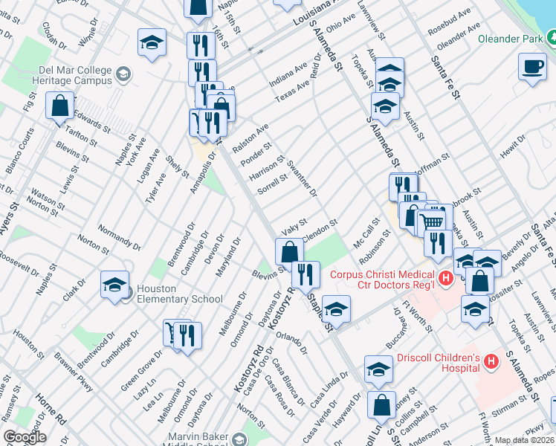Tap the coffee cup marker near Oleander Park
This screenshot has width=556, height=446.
(531, 67)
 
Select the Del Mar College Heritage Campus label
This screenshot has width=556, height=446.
(64, 75)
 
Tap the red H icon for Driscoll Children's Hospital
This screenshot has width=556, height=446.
(491, 362)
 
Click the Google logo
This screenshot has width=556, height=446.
(25, 437)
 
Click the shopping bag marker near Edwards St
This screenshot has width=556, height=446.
(59, 106)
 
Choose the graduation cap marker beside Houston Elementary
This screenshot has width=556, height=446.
(114, 285)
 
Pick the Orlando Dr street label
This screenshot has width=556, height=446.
(291, 343)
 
